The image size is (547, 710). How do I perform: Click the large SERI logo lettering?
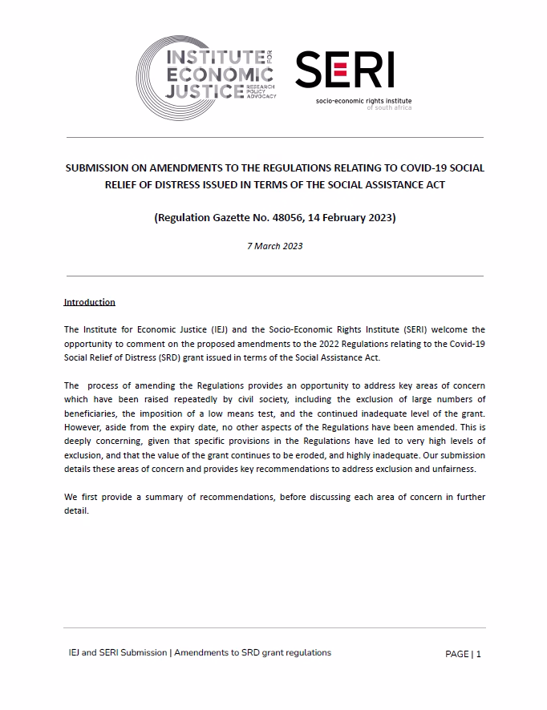pos(344,70)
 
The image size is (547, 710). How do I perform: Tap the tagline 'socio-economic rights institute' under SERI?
pos(363,100)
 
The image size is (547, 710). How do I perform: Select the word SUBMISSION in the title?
pos(99,169)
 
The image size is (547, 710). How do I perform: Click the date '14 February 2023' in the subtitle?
pos(354,217)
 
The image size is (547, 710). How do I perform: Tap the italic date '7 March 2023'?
pos(274,246)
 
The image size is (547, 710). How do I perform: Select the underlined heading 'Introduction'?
pos(90,302)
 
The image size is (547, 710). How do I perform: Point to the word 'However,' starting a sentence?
pos(82,427)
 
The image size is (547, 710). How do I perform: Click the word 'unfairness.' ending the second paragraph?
pos(453,469)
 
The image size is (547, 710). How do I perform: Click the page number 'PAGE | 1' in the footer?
pos(463,654)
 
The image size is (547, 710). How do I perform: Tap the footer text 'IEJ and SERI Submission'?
pos(118,653)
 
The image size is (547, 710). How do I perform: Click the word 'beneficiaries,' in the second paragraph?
pos(91,413)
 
